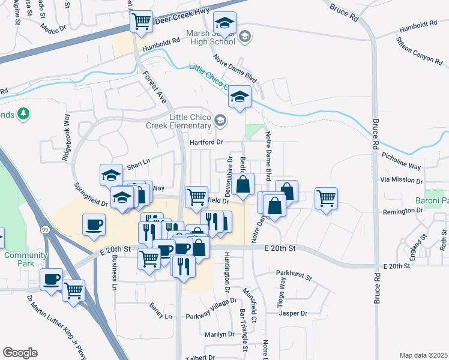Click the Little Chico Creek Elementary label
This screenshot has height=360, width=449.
coord(178,121)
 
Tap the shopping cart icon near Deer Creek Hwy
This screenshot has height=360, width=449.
coord(141,22)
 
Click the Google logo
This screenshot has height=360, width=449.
coord(20,353)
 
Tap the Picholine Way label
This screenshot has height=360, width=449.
coord(401,159)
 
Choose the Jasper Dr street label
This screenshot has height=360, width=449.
coord(293,313)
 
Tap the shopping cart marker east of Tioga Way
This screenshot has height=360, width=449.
coord(326,197)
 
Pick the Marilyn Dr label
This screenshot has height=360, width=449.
coord(219,334)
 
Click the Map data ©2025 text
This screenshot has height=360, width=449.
coord(424,355)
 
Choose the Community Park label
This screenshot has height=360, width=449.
coord(26,260)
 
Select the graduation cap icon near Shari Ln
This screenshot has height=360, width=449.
coord(111,175)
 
